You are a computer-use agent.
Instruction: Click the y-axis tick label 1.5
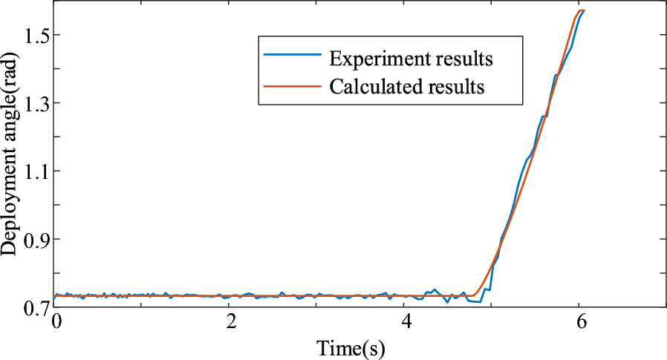click(x=35, y=35)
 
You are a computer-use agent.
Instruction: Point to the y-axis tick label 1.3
click(x=35, y=103)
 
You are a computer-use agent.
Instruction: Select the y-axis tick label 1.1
click(x=35, y=171)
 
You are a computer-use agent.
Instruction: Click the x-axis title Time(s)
click(x=351, y=347)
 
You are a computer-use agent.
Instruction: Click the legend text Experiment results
click(x=411, y=57)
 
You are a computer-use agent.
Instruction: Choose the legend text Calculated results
click(x=407, y=87)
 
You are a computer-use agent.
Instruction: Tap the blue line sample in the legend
click(x=290, y=56)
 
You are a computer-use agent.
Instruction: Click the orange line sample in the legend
click(x=290, y=86)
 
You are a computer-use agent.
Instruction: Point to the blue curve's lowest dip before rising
click(x=479, y=302)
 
